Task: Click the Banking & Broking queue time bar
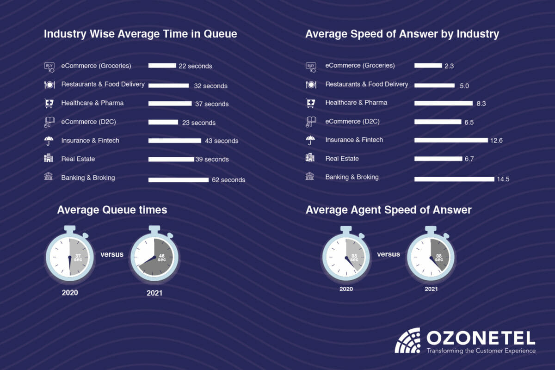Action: pyautogui.click(x=179, y=180)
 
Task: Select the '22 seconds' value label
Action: pyautogui.click(x=195, y=66)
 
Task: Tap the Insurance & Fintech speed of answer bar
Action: pyautogui.click(x=451, y=140)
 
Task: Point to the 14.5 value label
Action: pyautogui.click(x=503, y=179)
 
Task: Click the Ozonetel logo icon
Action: pyautogui.click(x=407, y=340)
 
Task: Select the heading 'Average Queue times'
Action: pyautogui.click(x=112, y=210)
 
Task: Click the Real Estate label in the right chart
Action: pyautogui.click(x=342, y=159)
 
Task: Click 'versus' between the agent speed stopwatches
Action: pyautogui.click(x=388, y=254)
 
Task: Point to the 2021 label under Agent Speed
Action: pyautogui.click(x=431, y=289)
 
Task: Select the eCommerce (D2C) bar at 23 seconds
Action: pyautogui.click(x=163, y=123)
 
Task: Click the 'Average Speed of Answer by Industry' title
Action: pyautogui.click(x=402, y=34)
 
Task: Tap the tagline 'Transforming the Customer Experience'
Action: pyautogui.click(x=481, y=351)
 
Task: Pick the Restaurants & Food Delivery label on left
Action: pyautogui.click(x=103, y=84)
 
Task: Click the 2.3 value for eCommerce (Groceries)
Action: pyautogui.click(x=449, y=66)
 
